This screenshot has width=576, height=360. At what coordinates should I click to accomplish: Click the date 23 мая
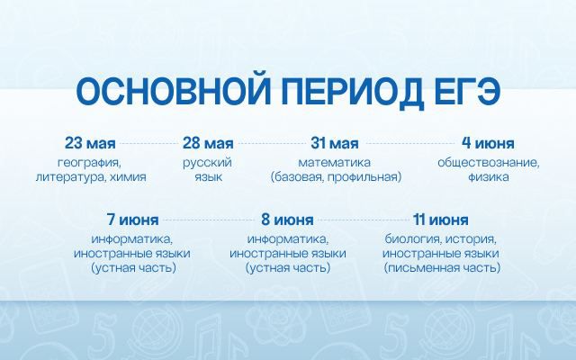tap(90, 143)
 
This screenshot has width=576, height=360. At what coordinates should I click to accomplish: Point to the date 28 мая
tap(208, 143)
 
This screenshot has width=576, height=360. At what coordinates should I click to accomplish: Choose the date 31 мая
tap(335, 143)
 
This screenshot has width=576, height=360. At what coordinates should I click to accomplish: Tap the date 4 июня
tap(488, 143)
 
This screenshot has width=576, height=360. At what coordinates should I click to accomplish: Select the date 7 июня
tap(133, 220)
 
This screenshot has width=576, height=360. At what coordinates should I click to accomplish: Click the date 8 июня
tap(288, 220)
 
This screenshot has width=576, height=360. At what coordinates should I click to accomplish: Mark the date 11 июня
tap(441, 220)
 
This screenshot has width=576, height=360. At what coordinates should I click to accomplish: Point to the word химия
tap(128, 177)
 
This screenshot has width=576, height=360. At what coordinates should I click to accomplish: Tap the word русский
tap(208, 163)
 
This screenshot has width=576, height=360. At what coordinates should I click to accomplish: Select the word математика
tap(335, 162)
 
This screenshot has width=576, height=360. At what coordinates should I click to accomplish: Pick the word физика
tap(488, 177)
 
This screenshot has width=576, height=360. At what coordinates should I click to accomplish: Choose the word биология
tap(414, 239)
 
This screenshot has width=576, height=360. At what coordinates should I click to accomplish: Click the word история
tap(472, 239)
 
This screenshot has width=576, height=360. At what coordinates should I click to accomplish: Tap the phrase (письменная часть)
tap(442, 268)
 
